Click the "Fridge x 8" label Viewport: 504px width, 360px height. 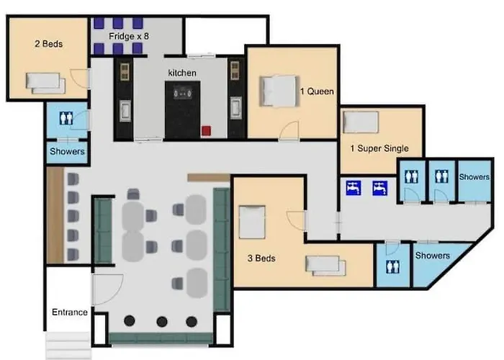coord(129,36)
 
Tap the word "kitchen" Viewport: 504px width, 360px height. coord(182,73)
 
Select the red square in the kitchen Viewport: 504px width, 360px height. coord(206,131)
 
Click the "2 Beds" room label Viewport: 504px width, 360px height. coord(48,44)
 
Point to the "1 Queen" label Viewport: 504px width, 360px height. coord(317,91)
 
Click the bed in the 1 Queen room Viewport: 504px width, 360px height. coord(279,91)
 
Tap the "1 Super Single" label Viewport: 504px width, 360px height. coord(379,148)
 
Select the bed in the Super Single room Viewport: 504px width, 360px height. coord(361,122)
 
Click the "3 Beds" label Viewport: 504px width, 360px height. coord(261,258)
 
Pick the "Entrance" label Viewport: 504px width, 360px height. coord(69,312)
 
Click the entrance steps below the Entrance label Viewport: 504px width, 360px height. coord(68,345)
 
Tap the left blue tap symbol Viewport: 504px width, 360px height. coord(354,188)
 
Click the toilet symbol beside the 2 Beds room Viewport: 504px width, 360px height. coord(66,118)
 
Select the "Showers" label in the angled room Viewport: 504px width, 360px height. coord(432,256)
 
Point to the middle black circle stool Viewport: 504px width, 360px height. coord(162,321)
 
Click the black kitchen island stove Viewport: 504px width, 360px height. coord(183,110)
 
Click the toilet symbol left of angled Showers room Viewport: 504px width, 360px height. coord(392,266)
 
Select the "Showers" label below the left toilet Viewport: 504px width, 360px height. coord(67,151)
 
